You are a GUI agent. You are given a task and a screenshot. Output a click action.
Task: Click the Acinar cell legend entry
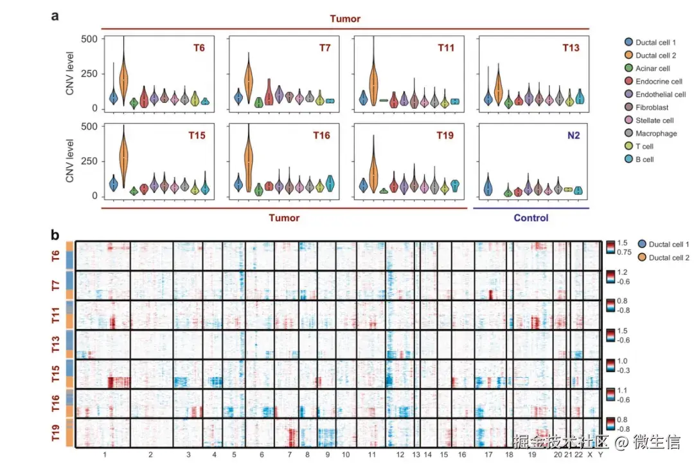[652, 68]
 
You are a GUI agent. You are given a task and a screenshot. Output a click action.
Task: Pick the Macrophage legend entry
[655, 133]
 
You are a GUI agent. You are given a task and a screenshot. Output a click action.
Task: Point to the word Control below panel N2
[531, 218]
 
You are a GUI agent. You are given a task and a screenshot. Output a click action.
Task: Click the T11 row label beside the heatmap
[57, 315]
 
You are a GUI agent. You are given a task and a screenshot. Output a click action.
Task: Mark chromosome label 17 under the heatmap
[489, 455]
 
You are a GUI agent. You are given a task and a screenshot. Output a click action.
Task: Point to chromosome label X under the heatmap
[590, 455]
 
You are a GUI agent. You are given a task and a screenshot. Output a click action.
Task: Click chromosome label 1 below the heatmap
[104, 455]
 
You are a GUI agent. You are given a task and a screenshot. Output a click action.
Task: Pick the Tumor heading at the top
[345, 19]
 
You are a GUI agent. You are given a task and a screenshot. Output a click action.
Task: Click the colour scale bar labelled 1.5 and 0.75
[610, 248]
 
